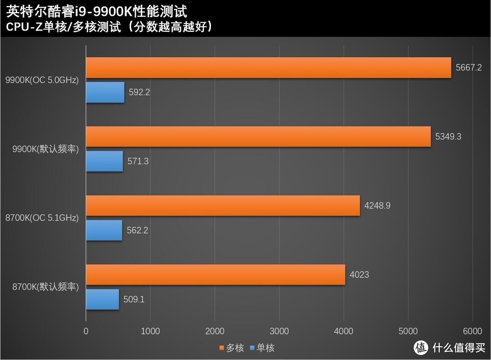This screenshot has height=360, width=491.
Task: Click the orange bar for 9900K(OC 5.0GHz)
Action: (268, 68)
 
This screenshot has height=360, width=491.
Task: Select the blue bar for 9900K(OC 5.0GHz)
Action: (105, 92)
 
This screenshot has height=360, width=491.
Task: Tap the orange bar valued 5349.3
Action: (258, 137)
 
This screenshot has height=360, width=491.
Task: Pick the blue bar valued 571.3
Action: (105, 161)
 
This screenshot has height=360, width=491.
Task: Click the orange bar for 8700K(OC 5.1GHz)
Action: (223, 206)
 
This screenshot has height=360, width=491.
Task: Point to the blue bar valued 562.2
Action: (104, 230)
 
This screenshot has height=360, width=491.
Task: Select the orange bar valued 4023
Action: (215, 275)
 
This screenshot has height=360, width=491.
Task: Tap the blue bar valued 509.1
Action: (102, 300)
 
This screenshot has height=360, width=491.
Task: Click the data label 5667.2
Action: (469, 67)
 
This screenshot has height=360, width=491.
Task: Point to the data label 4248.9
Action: (377, 205)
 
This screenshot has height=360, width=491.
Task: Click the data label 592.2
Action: (139, 92)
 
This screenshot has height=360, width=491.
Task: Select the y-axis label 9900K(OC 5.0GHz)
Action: (42, 80)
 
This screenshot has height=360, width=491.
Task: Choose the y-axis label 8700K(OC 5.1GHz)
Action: (42, 218)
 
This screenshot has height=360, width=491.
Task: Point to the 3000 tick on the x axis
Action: (279, 331)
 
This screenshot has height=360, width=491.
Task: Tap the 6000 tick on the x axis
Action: (472, 331)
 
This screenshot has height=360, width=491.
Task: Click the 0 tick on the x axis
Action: (86, 331)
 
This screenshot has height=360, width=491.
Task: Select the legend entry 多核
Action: (231, 348)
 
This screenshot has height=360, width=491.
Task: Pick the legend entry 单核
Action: (262, 348)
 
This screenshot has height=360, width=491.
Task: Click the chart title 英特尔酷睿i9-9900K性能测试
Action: (97, 10)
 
